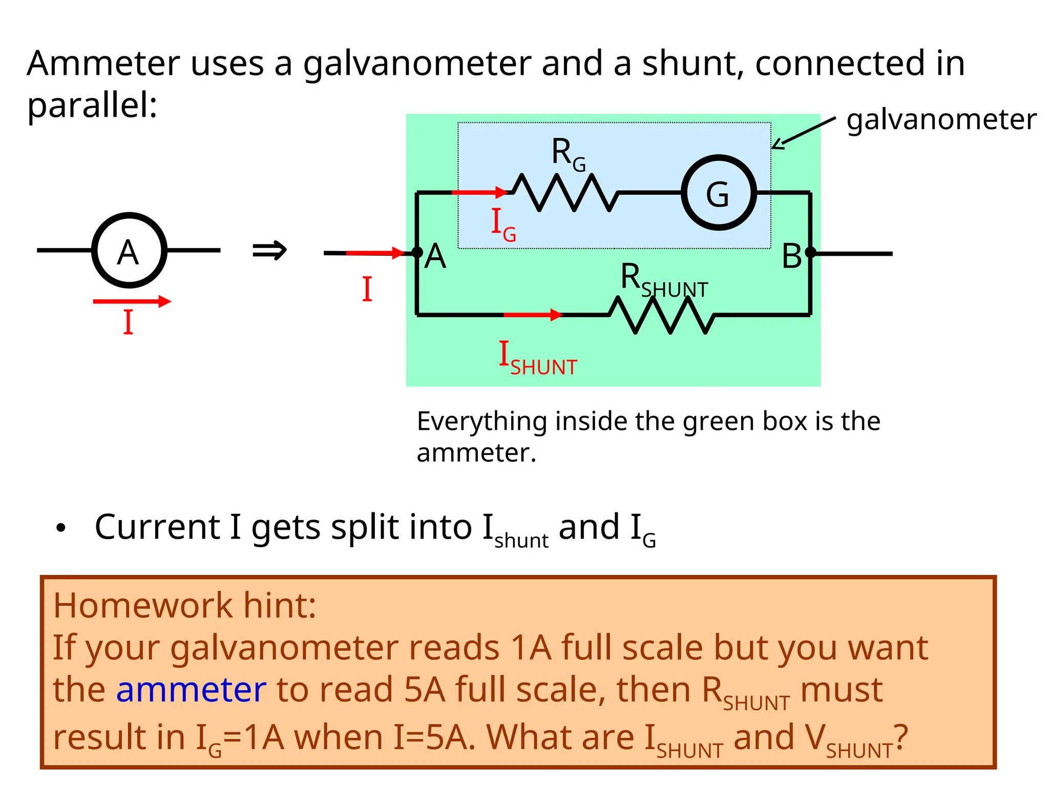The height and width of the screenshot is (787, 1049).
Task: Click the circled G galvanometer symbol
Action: [x=718, y=193]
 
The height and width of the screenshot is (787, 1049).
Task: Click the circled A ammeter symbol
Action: [x=129, y=251]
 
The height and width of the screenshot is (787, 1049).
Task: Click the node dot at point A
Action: [x=417, y=252]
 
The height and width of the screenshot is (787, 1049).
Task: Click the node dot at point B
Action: [x=810, y=252]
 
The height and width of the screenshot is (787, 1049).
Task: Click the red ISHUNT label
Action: [x=538, y=359]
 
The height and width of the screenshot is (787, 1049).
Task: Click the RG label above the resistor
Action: [x=568, y=154]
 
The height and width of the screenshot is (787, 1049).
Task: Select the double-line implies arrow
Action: [x=269, y=251]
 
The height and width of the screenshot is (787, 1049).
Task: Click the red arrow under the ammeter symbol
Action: [x=132, y=301]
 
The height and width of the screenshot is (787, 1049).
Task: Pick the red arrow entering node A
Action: [x=375, y=253]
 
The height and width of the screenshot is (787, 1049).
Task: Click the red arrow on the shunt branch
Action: [x=533, y=315]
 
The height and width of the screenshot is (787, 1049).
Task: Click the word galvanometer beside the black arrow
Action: [x=941, y=120]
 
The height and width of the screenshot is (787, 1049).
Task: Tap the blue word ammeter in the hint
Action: [x=191, y=690]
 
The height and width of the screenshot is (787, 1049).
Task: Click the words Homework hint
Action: [x=184, y=605]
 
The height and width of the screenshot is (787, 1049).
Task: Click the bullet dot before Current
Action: [x=61, y=528]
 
